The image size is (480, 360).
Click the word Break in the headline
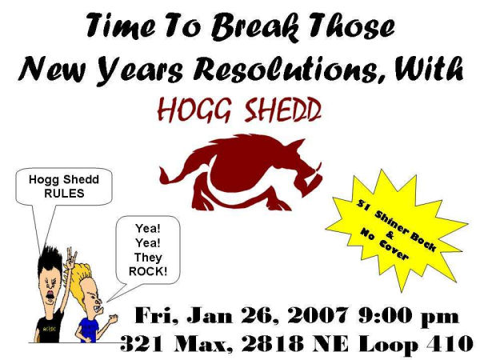254,27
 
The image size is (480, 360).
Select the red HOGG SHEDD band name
239,110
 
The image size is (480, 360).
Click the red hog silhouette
241,172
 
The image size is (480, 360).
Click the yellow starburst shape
397,230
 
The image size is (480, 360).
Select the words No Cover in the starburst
383,244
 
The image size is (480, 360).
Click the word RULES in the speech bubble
64,194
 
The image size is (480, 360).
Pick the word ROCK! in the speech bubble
148,271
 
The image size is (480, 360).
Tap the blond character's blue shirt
89,330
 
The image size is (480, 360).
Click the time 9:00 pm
409,316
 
